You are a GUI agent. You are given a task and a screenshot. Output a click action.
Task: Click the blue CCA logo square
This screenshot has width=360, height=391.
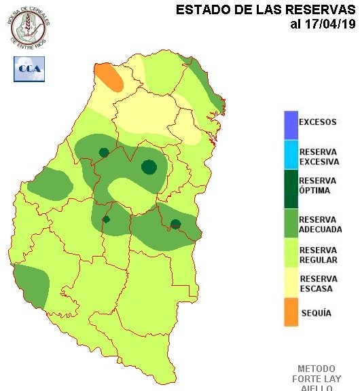29,69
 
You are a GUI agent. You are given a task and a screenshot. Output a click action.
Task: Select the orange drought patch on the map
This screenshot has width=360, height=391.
109,77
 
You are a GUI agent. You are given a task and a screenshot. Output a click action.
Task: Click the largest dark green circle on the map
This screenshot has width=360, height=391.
149,166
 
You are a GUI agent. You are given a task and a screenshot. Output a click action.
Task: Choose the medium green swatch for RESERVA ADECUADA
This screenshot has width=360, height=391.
291,225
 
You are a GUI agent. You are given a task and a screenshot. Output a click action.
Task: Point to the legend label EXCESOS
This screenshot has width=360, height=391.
317,122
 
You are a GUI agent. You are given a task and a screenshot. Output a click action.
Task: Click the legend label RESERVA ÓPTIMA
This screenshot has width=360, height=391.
317,185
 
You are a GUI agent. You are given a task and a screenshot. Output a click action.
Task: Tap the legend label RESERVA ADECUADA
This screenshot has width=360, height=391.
320,225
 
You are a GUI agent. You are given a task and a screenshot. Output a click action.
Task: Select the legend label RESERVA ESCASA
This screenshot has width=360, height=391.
318,284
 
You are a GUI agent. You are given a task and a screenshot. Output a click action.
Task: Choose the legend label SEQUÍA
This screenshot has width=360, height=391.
315,313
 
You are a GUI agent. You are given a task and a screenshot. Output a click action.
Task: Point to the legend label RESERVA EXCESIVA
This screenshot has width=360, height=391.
318,155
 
